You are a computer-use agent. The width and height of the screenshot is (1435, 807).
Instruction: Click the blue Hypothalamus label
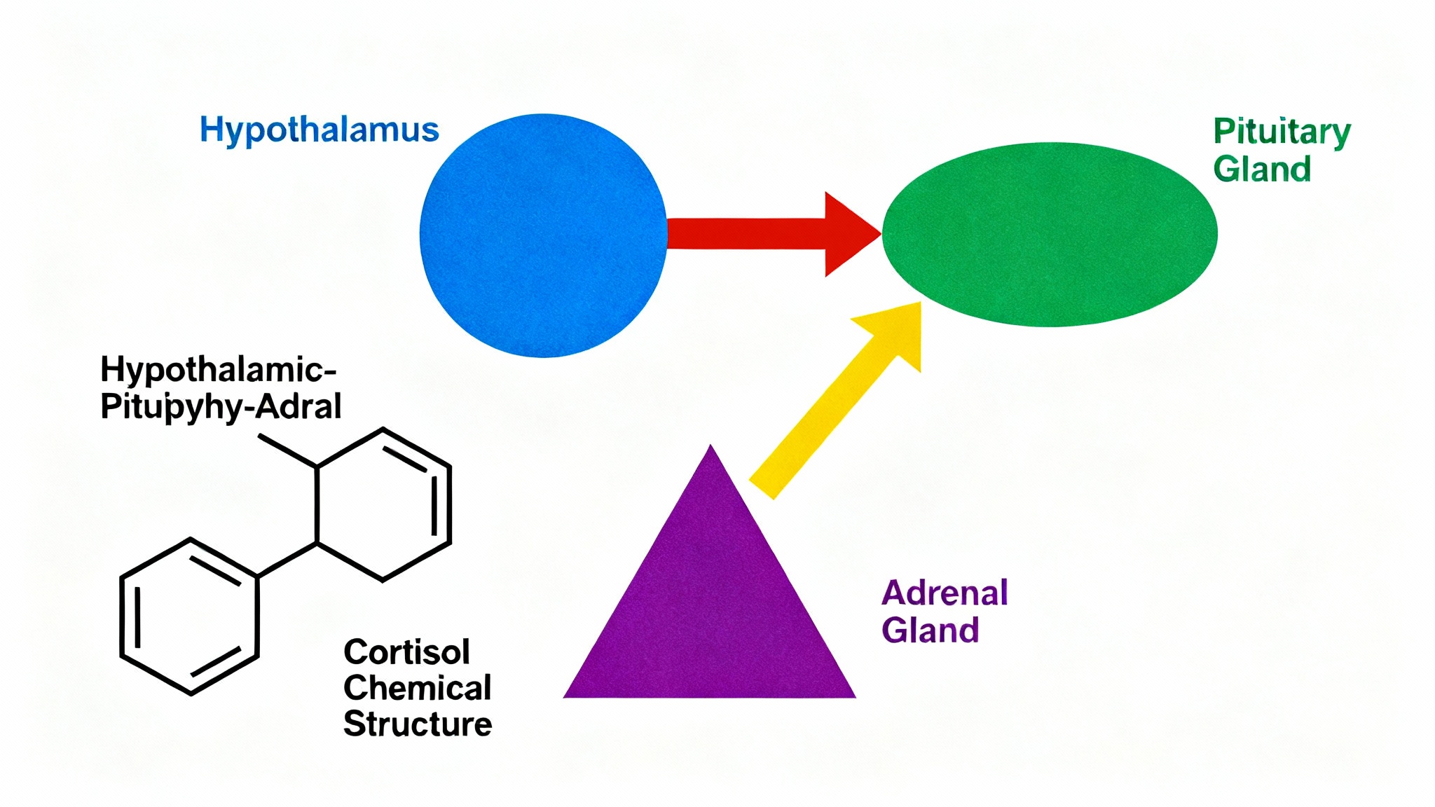click(x=320, y=130)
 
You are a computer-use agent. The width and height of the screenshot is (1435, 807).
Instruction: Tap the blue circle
click(x=543, y=235)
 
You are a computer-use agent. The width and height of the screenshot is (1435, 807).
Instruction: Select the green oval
click(x=1049, y=235)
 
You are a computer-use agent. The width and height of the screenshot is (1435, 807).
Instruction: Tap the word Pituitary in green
click(x=1282, y=132)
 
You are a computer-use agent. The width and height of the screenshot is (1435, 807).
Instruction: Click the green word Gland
click(x=1262, y=170)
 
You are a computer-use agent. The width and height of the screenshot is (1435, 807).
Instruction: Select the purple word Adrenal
click(x=945, y=593)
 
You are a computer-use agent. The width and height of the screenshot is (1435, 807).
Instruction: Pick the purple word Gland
click(x=930, y=630)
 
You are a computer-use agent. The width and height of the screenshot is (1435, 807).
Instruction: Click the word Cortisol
click(x=406, y=652)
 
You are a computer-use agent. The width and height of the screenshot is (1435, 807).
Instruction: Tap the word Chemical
click(x=417, y=688)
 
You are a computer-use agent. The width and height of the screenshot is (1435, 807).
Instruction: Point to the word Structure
click(x=418, y=724)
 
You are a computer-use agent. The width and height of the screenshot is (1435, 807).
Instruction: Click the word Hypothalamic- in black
click(x=218, y=369)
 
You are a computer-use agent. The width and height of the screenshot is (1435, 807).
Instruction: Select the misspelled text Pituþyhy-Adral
click(x=221, y=406)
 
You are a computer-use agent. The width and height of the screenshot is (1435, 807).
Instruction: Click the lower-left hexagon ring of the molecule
click(x=190, y=616)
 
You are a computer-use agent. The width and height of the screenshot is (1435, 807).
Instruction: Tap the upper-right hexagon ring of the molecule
click(x=383, y=504)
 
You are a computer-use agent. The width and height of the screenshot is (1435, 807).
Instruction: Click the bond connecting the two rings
click(x=288, y=560)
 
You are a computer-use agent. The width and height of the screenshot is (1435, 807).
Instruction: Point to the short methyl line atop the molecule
click(x=287, y=450)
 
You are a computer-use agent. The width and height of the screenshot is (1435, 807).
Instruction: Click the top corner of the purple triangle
click(x=710, y=450)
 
